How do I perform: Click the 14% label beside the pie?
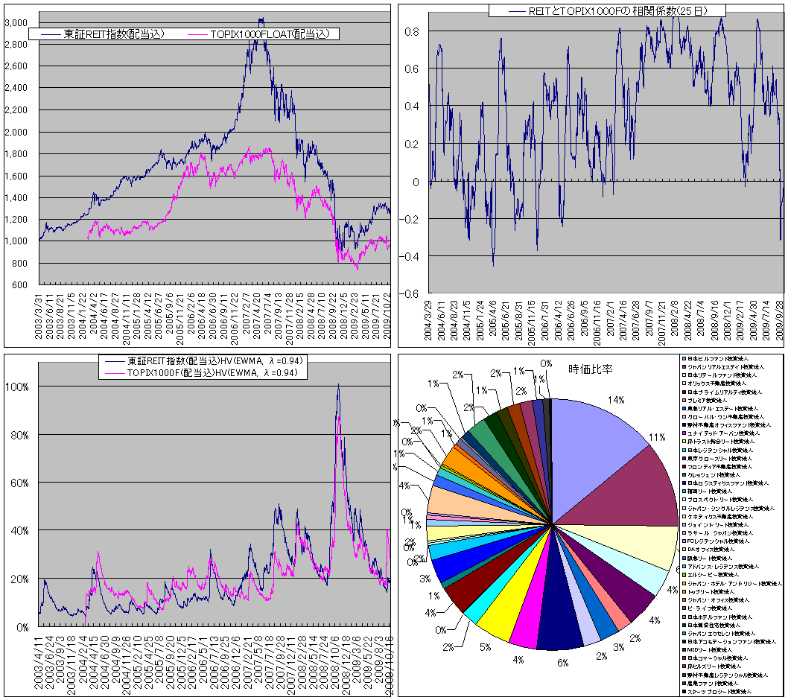click(615, 400)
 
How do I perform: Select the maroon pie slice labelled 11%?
click(623, 484)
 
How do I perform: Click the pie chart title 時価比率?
click(590, 368)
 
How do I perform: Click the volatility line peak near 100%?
click(338, 386)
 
